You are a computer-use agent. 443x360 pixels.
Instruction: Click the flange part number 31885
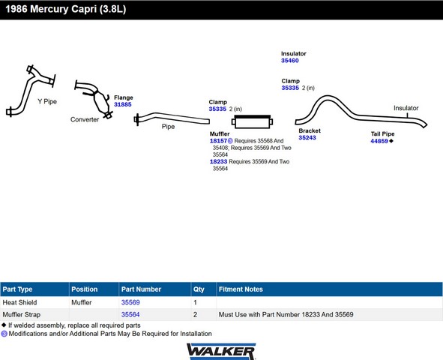point(123,104)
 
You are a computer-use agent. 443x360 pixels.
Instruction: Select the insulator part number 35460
point(290,61)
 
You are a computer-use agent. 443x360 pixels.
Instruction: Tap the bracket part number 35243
point(307,137)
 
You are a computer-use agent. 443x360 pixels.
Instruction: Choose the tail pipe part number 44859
point(379,141)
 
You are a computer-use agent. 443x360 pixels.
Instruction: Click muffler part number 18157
point(218,141)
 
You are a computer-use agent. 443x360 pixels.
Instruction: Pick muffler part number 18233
point(218,162)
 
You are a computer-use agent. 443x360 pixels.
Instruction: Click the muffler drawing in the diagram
point(252,121)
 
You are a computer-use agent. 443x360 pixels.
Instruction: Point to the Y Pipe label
point(47,101)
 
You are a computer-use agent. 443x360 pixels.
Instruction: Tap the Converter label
point(85,119)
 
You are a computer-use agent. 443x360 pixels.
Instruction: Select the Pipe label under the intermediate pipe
point(168,127)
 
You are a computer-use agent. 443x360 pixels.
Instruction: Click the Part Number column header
point(141,289)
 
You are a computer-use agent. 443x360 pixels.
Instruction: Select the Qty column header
point(199,289)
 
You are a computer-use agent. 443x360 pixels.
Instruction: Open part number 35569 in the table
point(130,302)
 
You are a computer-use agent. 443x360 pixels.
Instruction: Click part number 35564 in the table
point(130,314)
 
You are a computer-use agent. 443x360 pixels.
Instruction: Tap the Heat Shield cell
point(19,302)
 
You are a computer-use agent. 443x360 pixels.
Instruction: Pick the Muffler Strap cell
point(22,314)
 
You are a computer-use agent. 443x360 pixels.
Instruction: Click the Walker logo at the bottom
point(221,351)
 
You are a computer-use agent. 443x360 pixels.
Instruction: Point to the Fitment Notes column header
point(241,289)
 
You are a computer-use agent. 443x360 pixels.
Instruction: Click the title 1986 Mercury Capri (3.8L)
point(66,9)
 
